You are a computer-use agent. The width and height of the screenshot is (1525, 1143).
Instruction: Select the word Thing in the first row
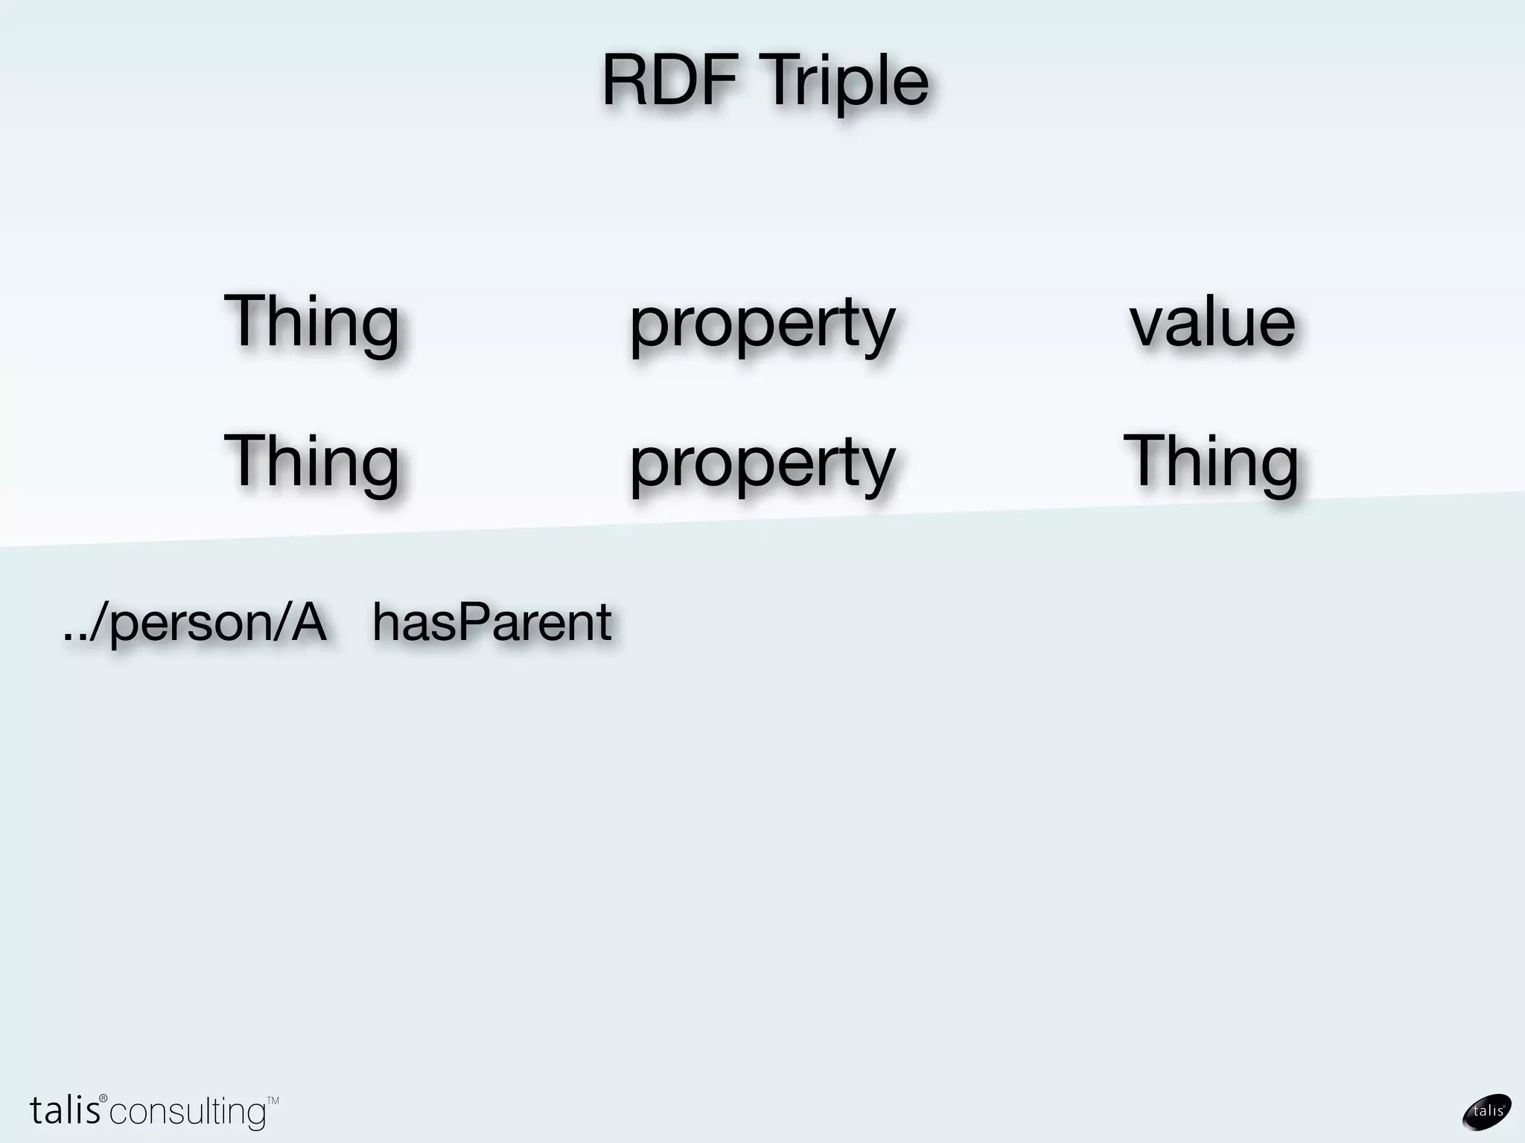coord(311,321)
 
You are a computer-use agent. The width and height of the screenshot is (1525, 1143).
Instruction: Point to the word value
coord(1212,321)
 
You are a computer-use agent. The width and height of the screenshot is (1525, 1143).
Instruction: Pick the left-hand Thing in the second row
coord(311,461)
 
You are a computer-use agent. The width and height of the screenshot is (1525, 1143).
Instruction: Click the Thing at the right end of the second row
coord(1211,461)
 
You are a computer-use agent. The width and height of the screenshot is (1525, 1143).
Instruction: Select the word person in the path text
coord(190,624)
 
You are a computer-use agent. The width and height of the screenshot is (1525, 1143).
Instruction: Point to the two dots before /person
coord(74,637)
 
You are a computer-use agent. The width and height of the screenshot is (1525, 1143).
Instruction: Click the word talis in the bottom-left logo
coord(65,1110)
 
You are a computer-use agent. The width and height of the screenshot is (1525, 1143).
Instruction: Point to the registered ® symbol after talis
coord(104,1098)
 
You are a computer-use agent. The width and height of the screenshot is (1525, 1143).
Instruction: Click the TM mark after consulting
coord(273,1101)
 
